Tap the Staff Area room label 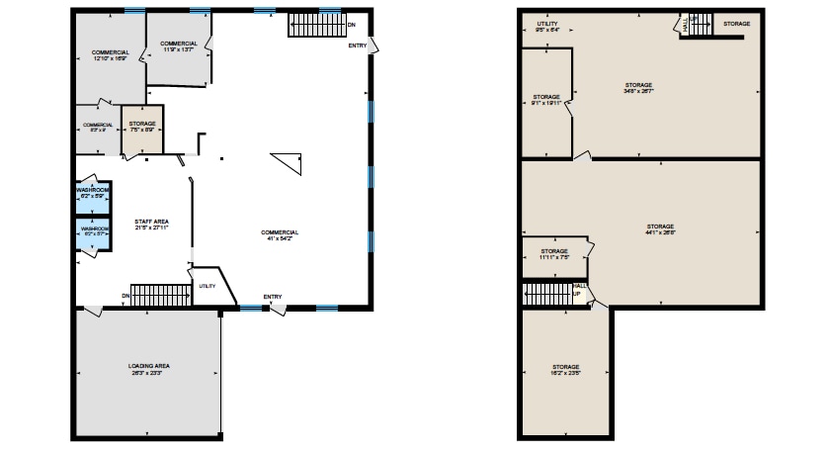click(152, 225)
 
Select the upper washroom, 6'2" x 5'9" click(93, 195)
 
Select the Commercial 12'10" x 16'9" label click(111, 55)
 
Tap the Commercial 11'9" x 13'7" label click(178, 46)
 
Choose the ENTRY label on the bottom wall click(273, 297)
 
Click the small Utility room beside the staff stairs click(208, 287)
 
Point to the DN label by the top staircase click(351, 24)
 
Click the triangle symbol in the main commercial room click(288, 161)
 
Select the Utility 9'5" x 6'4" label click(547, 27)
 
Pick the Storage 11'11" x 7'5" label click(554, 254)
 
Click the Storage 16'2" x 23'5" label click(566, 371)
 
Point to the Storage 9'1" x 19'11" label click(546, 100)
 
